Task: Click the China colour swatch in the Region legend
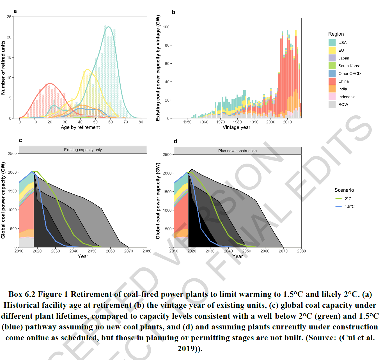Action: tap(332, 81)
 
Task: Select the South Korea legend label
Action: tap(349, 66)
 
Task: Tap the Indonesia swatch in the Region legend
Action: tap(332, 97)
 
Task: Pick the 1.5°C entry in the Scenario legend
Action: tap(350, 207)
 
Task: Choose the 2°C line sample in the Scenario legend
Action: tap(339, 199)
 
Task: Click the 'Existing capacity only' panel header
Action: tap(83, 150)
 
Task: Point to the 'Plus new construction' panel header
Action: tap(237, 151)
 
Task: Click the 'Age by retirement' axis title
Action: tap(80, 127)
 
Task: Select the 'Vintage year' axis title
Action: tap(236, 127)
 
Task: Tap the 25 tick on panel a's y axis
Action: tap(9, 17)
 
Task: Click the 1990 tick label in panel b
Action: tap(254, 122)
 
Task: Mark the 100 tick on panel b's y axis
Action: tap(166, 27)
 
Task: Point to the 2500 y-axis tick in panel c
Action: tap(12, 153)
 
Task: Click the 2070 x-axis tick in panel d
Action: tap(283, 251)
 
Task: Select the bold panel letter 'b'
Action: tap(173, 12)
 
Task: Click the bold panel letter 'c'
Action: tap(20, 140)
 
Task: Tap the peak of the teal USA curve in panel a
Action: tap(108, 27)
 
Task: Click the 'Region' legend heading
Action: tap(336, 34)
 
